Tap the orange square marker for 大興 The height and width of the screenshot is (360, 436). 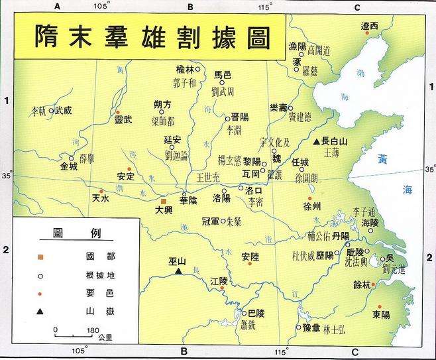coord(163,200)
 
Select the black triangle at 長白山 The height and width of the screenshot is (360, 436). coord(317,141)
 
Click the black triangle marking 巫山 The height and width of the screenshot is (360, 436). coord(178,270)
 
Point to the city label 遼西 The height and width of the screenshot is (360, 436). coord(369,26)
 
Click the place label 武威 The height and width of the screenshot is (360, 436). coord(62,111)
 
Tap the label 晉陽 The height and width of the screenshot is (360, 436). coord(239,117)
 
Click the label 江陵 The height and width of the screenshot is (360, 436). coord(219,281)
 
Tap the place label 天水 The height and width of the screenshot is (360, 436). coord(100,198)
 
